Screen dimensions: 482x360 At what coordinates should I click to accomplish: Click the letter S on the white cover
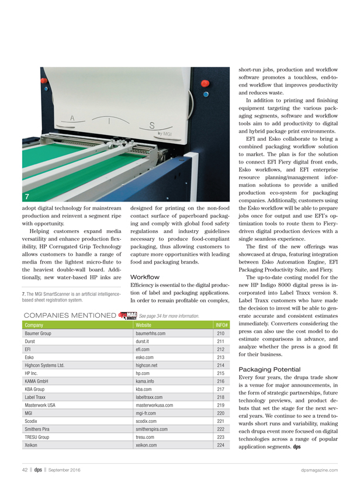pyautogui.click(x=151, y=125)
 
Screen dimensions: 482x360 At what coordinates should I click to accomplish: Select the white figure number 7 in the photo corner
pyautogui.click(x=27, y=195)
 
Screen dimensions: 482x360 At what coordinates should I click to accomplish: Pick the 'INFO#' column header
pyautogui.click(x=221, y=325)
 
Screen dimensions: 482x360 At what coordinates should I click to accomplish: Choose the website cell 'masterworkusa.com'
pyautogui.click(x=155, y=404)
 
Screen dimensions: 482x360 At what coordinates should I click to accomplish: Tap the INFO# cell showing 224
pyautogui.click(x=221, y=445)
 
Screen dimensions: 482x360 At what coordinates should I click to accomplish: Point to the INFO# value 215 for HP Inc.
pyautogui.click(x=221, y=373)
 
